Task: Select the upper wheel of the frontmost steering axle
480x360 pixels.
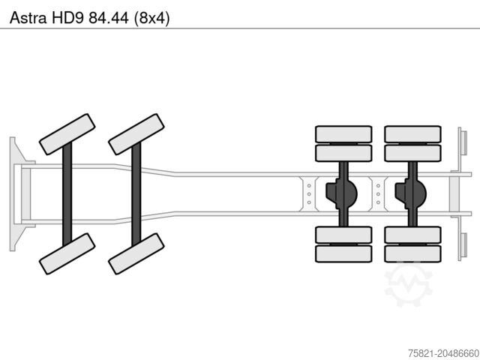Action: point(67,133)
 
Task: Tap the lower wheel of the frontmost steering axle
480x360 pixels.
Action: point(67,253)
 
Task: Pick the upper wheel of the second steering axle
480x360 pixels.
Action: point(136,133)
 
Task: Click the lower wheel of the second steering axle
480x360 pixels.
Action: point(136,253)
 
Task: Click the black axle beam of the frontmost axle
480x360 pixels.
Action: point(67,193)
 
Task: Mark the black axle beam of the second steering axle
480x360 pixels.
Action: point(136,193)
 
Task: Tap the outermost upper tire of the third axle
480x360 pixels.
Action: point(343,134)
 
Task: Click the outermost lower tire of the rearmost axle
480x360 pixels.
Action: point(412,253)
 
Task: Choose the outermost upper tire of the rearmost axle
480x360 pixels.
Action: point(412,134)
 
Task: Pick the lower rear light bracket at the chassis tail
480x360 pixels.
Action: point(463,246)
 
